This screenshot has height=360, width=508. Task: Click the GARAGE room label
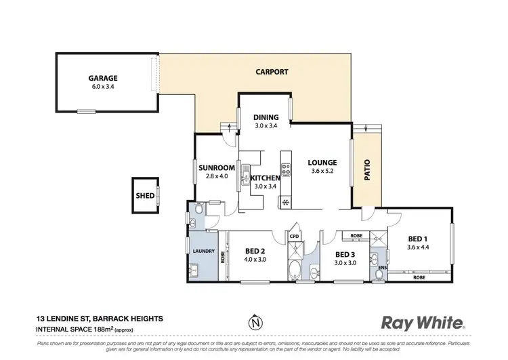tap(104, 77)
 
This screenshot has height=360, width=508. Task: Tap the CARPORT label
tap(272, 71)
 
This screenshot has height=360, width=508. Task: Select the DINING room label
tap(266, 117)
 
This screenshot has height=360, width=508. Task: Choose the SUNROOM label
tap(216, 167)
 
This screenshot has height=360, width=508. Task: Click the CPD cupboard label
tap(294, 236)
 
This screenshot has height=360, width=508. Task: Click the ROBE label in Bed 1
tap(419, 278)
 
